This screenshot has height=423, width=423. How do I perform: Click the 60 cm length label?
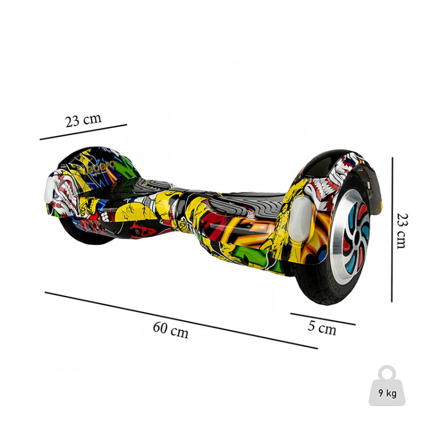tap(170, 330)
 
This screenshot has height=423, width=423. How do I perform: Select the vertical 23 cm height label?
tap(403, 231)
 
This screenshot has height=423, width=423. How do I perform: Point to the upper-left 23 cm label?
tap(83, 120)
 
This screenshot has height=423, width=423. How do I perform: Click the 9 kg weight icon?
tap(387, 386)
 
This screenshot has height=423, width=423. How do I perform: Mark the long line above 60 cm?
tap(181, 320)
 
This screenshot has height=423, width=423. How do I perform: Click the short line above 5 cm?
tap(323, 319)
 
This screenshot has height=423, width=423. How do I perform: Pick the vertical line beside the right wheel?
tap(392, 230)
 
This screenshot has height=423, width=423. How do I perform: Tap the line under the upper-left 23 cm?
tap(83, 132)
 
